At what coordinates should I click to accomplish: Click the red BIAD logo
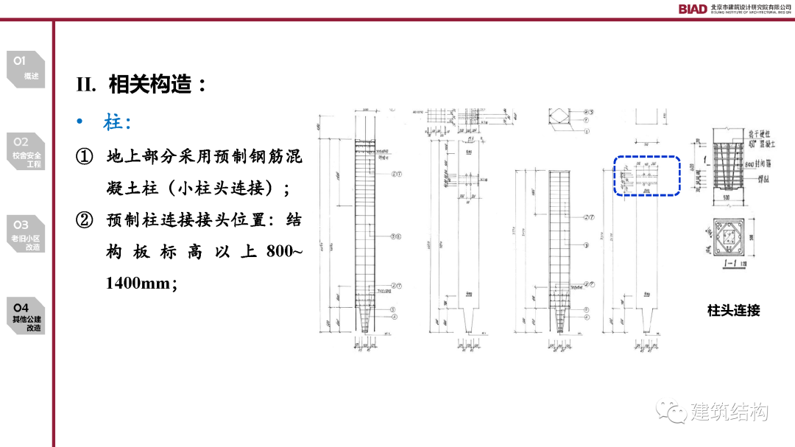693,9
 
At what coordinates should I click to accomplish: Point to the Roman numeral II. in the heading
86,85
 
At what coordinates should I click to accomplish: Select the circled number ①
85,157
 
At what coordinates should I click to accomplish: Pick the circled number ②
85,220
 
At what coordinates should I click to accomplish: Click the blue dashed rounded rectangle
648,176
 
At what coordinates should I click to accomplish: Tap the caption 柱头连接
733,311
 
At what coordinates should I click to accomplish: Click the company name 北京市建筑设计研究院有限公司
750,6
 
